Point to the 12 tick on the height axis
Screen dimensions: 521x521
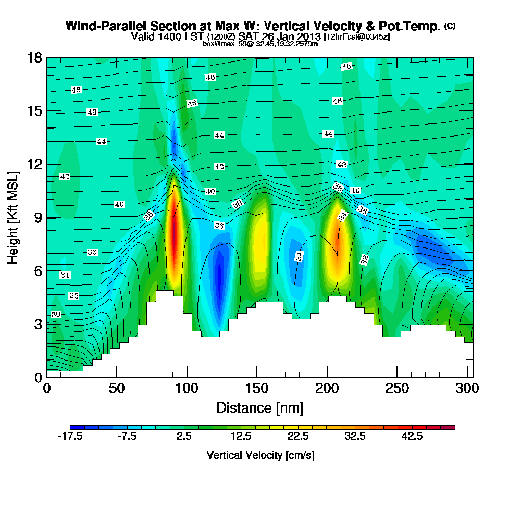(34, 164)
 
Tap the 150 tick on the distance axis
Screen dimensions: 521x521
(257, 389)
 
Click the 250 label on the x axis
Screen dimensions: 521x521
(397, 389)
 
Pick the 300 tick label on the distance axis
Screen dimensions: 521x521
(467, 389)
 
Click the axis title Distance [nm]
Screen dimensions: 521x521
(260, 407)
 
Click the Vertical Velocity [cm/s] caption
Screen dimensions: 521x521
(260, 455)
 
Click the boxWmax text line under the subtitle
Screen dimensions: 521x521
(260, 44)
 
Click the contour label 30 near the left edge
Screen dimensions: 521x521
(56, 314)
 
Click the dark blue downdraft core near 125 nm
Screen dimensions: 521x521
(219, 276)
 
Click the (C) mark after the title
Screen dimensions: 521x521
(450, 26)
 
